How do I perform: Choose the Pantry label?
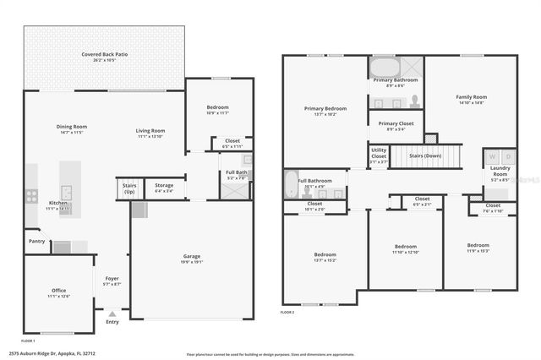tap(36, 241)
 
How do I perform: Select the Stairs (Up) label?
tap(129, 188)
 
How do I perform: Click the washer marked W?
tap(491, 156)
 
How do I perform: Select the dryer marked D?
tap(508, 156)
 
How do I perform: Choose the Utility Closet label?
tap(378, 153)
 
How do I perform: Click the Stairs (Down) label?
tap(425, 156)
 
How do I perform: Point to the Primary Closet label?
tap(394, 125)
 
